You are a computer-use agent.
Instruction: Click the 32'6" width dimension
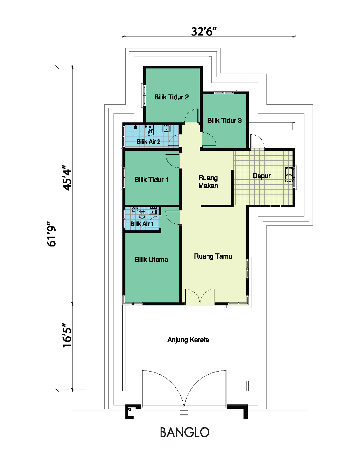point(203,31)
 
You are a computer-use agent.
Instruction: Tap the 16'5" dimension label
point(67,335)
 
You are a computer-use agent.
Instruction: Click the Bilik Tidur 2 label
point(171,97)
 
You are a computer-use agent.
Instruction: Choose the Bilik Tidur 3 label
point(224,120)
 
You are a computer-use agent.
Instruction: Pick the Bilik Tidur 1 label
point(151,179)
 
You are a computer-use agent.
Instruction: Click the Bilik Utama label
point(151,259)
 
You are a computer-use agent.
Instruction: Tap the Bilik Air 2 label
point(148,142)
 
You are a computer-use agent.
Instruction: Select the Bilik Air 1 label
point(142,224)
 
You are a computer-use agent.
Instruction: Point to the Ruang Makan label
point(208,182)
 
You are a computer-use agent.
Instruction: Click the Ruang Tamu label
point(213,256)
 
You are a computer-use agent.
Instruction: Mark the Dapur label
point(262,176)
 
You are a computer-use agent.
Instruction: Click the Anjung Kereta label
point(188,340)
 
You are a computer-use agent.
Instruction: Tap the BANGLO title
point(185,432)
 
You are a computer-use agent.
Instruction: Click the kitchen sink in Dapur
point(289,175)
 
